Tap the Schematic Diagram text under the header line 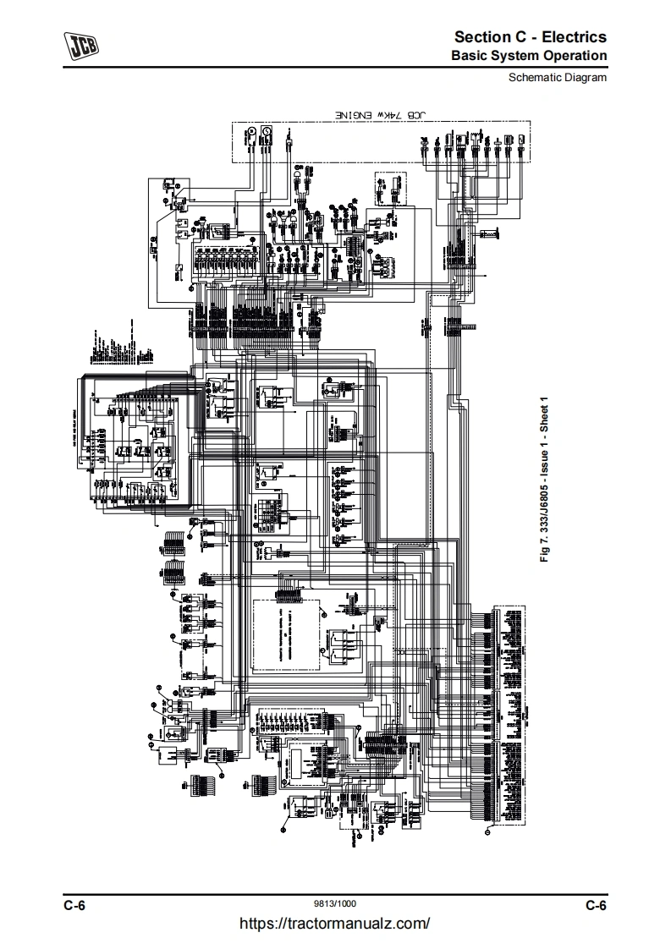pyautogui.click(x=558, y=77)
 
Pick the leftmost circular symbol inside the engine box pyautogui.click(x=251, y=131)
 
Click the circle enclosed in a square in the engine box pyautogui.click(x=266, y=131)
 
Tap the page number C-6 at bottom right pyautogui.click(x=597, y=906)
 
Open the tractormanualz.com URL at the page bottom pyautogui.click(x=335, y=924)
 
